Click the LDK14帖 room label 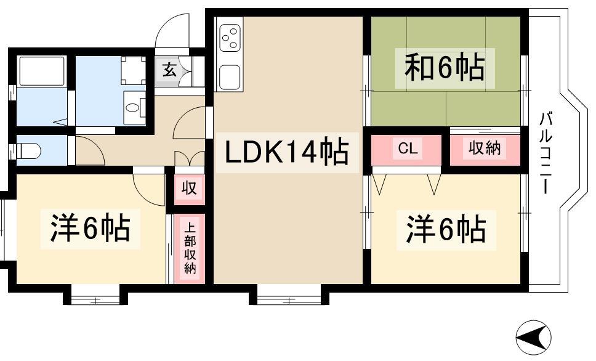(287, 152)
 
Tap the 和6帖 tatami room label (443, 68)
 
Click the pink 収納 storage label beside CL (485, 148)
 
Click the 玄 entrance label (169, 70)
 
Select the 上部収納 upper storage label (190, 249)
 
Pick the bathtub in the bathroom (42, 71)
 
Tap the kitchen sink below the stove (229, 77)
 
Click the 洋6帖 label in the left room (90, 229)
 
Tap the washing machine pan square (134, 71)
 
